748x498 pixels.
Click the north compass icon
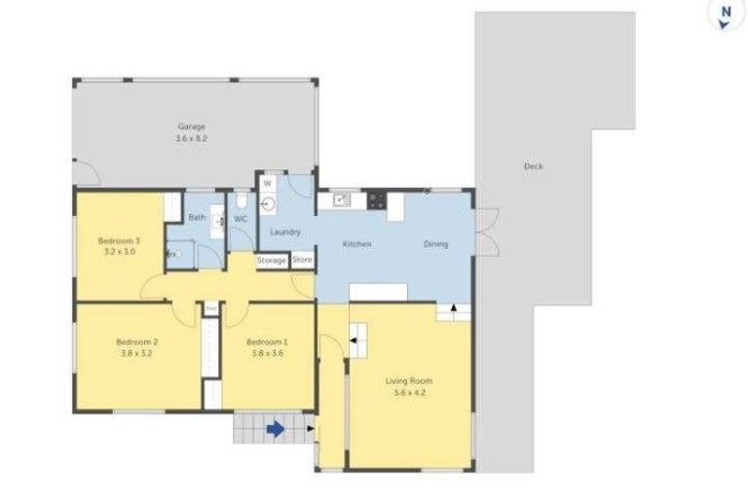(x=723, y=15)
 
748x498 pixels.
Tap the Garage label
(x=191, y=126)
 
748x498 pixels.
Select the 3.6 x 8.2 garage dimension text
(x=191, y=139)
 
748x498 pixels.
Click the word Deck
(x=533, y=166)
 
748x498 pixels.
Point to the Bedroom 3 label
(x=119, y=240)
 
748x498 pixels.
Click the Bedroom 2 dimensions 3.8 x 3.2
(x=136, y=354)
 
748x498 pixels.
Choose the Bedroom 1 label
(x=267, y=341)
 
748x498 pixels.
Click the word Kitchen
(x=355, y=243)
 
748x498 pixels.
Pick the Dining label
(x=435, y=243)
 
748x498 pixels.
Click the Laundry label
(x=284, y=231)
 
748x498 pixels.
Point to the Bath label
(x=196, y=217)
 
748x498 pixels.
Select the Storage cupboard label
(x=272, y=261)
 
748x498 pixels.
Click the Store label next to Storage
(x=302, y=260)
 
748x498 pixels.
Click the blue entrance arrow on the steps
(x=277, y=428)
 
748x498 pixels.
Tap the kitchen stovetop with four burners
(x=376, y=201)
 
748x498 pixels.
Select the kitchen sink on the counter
(x=342, y=200)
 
